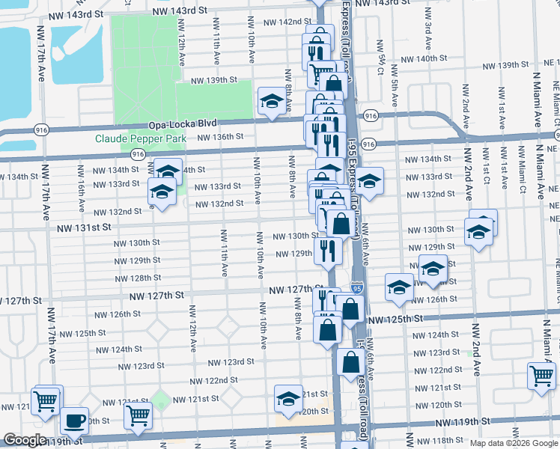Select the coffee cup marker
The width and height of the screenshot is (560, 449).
tap(74, 421)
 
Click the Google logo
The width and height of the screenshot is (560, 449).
tap(25, 441)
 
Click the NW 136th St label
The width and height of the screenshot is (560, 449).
tap(220, 136)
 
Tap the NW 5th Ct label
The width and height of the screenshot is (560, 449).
tap(381, 52)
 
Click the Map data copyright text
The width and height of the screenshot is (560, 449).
tap(513, 442)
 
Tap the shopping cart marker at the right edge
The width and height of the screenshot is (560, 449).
tap(541, 376)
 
